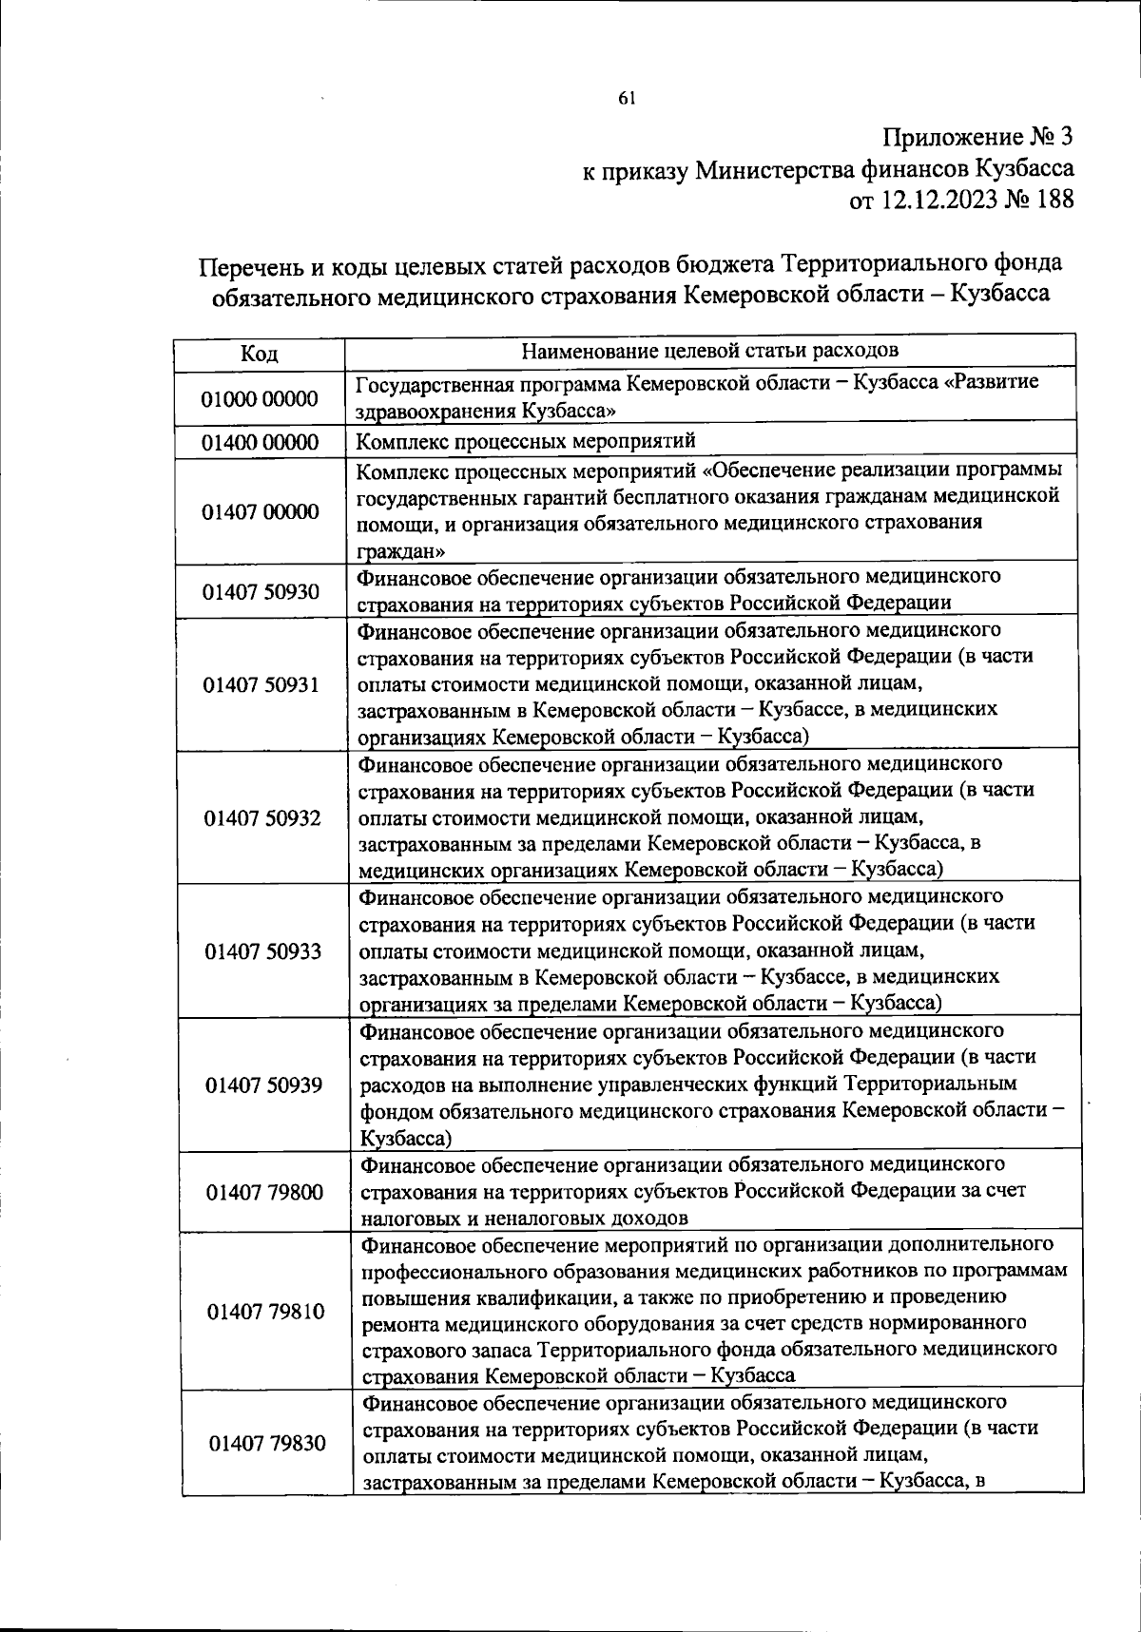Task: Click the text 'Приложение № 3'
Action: click(x=978, y=138)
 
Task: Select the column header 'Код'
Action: click(x=259, y=354)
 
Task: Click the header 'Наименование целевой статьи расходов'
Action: click(x=710, y=350)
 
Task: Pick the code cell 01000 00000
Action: click(x=259, y=398)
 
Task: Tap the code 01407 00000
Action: click(x=260, y=512)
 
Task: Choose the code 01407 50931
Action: click(x=261, y=685)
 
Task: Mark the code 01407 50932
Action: click(x=261, y=818)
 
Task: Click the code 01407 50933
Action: click(x=262, y=951)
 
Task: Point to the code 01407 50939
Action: click(x=263, y=1085)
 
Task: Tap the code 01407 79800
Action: click(x=264, y=1192)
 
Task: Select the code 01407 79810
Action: click(x=265, y=1312)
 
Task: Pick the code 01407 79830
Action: click(x=266, y=1444)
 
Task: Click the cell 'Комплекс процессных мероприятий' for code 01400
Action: click(x=526, y=441)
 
